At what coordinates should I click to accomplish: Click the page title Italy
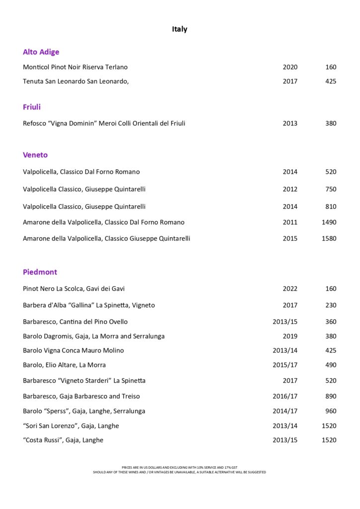(x=180, y=29)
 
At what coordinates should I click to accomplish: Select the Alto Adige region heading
(x=41, y=52)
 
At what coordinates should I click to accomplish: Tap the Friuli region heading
(x=32, y=107)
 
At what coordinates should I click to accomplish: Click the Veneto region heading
(x=35, y=155)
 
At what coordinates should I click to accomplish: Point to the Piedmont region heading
(x=40, y=272)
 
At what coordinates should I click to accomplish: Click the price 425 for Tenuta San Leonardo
(x=331, y=81)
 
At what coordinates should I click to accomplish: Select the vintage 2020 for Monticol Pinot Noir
(x=290, y=67)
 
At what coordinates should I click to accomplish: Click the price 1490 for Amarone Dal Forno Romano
(x=329, y=222)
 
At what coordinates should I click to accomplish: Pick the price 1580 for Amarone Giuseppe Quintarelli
(x=329, y=238)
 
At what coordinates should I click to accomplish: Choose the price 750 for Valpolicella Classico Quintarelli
(x=331, y=189)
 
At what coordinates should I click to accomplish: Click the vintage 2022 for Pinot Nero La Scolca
(x=290, y=289)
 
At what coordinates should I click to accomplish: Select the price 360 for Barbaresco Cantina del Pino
(x=331, y=322)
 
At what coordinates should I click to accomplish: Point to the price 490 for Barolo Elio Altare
(x=331, y=365)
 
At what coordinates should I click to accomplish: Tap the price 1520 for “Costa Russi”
(x=329, y=440)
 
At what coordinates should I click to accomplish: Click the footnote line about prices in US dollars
(x=180, y=467)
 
